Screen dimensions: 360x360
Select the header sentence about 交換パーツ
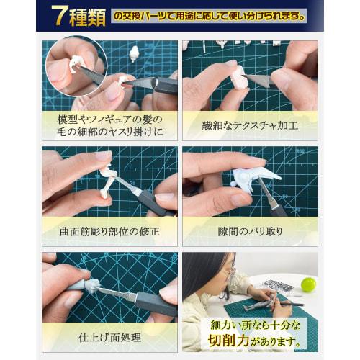[209, 15]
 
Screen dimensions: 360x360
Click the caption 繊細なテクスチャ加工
[250, 125]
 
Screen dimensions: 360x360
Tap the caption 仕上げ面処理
[109, 336]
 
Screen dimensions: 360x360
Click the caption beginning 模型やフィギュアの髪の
[109, 125]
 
